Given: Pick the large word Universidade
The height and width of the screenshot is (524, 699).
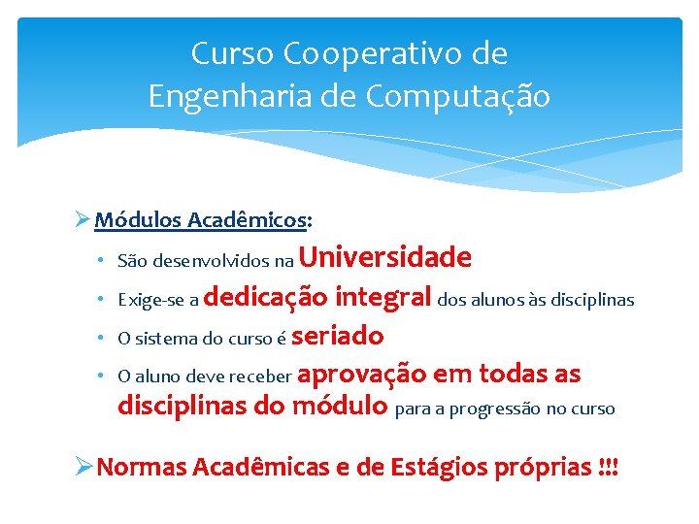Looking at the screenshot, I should click(386, 257).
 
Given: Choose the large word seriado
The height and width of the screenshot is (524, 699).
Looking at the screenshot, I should click(337, 336).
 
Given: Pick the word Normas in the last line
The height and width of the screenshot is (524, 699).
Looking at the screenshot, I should click(142, 467).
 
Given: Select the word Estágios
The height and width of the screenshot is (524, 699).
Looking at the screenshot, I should click(433, 467).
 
